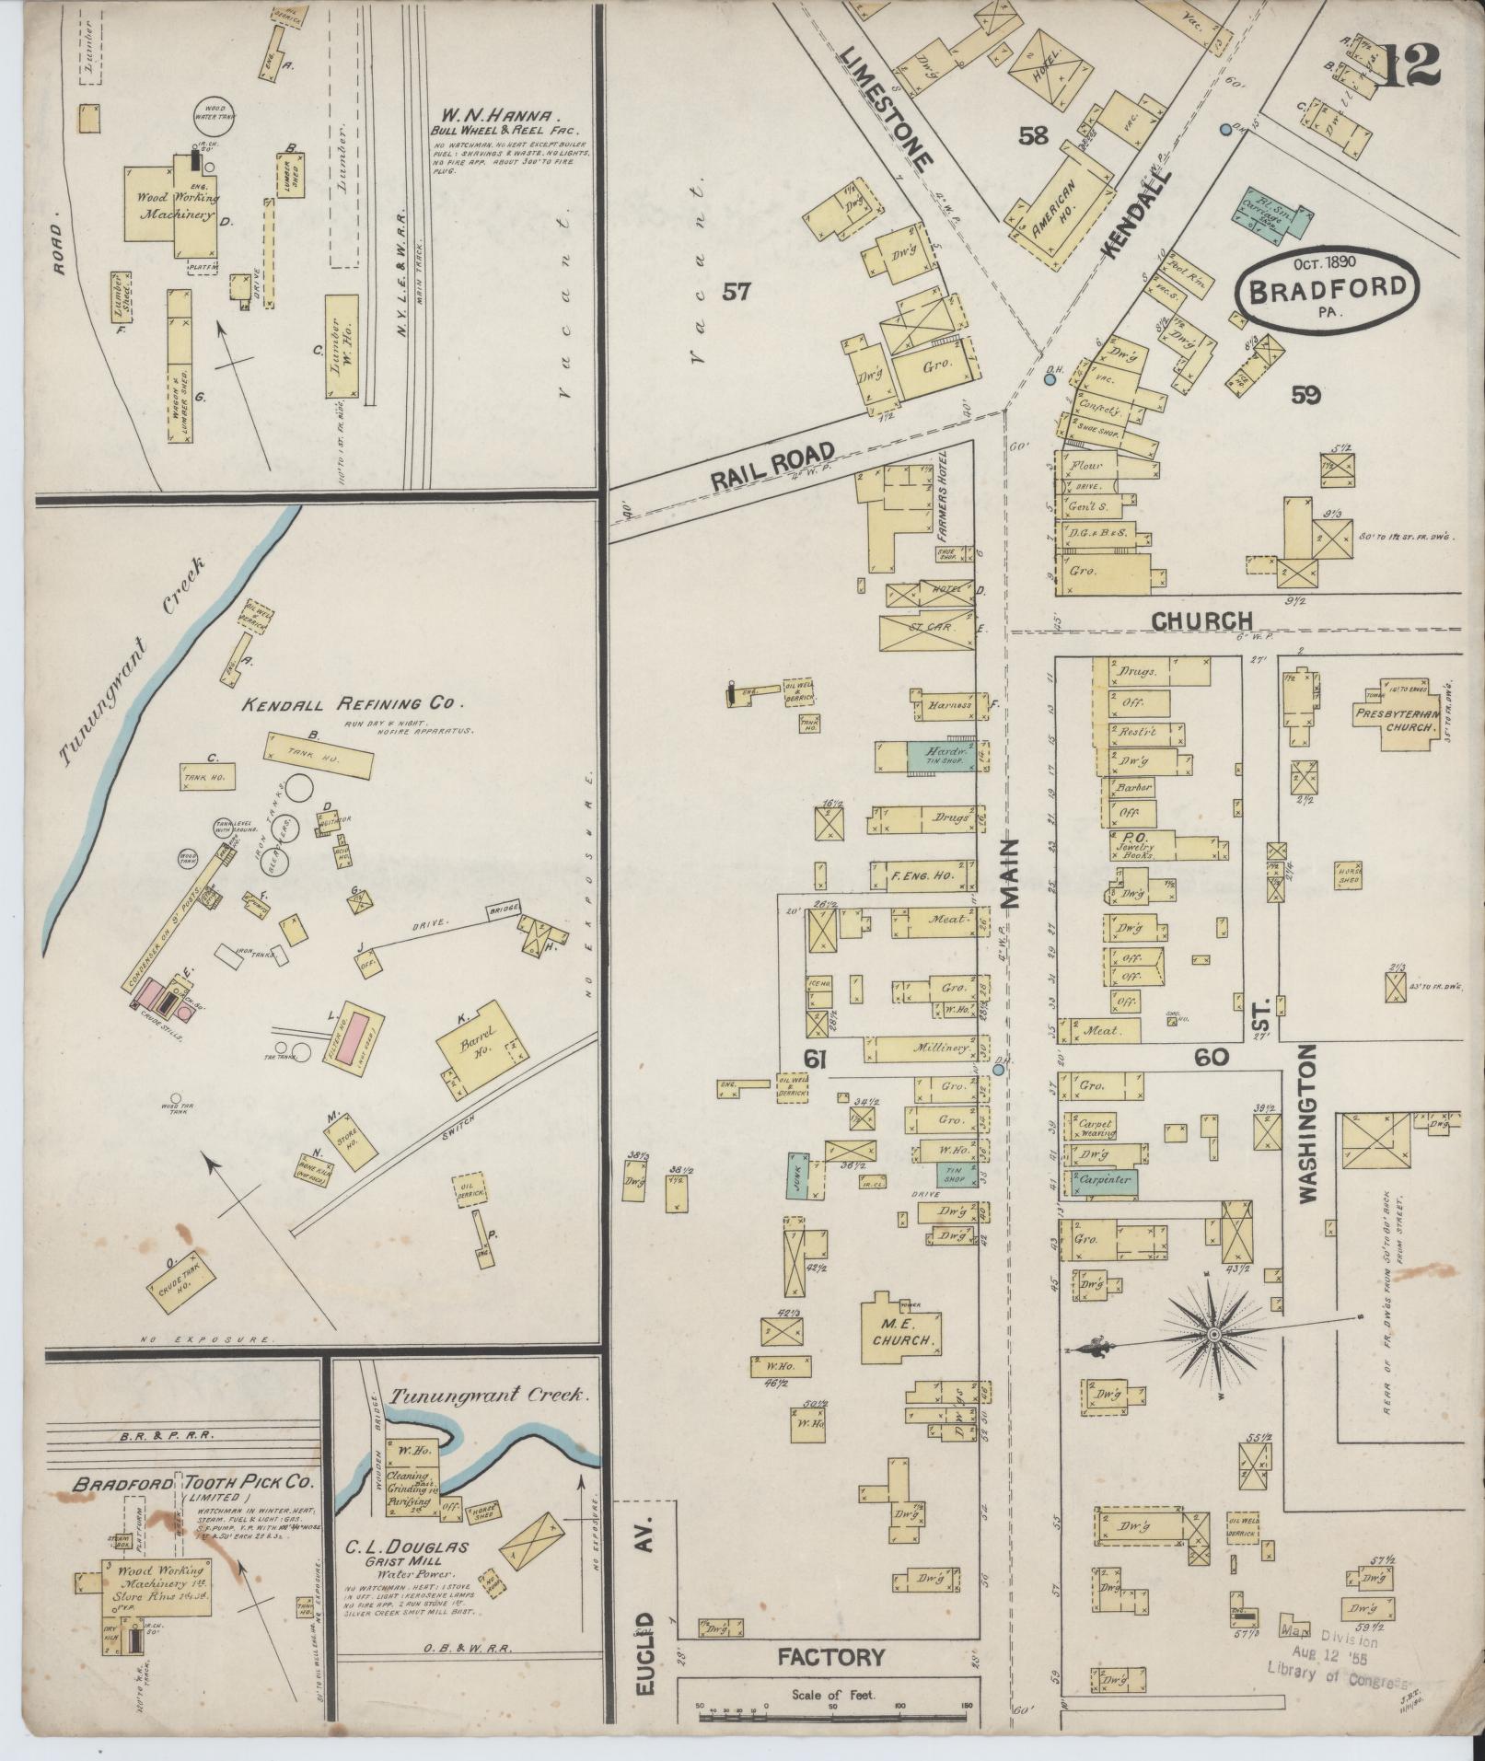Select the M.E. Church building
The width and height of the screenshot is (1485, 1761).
906,1334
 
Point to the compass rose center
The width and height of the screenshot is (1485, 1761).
1213,1333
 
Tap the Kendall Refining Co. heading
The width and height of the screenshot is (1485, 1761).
349,704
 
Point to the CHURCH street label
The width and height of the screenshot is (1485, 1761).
1203,621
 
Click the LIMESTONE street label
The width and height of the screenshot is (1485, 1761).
887,107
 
